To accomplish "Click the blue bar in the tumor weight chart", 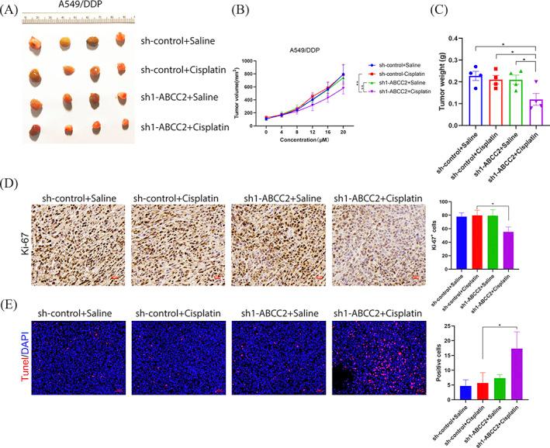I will click(454, 89).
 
